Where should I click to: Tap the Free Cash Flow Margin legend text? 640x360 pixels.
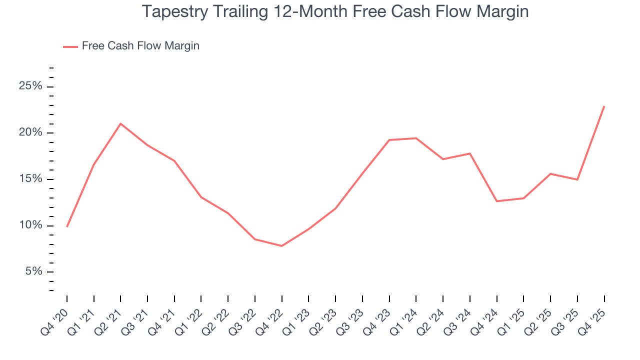140,46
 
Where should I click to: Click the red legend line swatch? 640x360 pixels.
70,46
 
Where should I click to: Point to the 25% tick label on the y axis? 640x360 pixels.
30,86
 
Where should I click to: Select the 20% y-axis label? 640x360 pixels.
30,133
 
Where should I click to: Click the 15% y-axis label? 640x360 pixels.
30,179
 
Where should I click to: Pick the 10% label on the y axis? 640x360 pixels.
30,225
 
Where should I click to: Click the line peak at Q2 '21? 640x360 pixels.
120,123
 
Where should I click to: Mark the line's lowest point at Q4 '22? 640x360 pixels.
282,246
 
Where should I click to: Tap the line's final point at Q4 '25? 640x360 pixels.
604,106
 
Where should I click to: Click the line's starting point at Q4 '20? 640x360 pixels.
67,226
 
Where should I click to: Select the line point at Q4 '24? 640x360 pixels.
497,201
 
